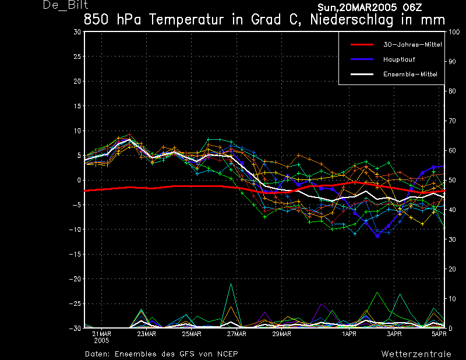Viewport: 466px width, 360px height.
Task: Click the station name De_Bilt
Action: click(65, 5)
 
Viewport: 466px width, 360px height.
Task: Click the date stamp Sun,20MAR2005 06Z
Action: click(370, 8)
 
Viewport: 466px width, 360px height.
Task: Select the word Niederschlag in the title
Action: click(352, 20)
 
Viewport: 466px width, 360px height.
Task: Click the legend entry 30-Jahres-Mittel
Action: click(412, 45)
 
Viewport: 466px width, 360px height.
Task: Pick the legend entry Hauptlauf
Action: click(399, 59)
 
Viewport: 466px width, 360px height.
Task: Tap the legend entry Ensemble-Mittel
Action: click(410, 74)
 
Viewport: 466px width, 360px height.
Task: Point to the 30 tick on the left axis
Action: click(77, 32)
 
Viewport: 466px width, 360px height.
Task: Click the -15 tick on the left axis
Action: click(75, 254)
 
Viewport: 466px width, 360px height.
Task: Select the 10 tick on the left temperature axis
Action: click(77, 131)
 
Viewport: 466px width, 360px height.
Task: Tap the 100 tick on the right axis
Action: click(454, 32)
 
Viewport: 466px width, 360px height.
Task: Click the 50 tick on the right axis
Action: click(452, 180)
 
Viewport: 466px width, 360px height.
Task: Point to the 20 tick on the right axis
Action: click(452, 269)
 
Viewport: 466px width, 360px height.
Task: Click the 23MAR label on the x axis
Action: click(147, 334)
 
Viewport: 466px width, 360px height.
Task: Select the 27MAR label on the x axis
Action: click(236, 334)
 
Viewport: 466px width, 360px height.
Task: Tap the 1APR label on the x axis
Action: click(349, 334)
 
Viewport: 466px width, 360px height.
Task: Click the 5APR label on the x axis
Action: click(439, 334)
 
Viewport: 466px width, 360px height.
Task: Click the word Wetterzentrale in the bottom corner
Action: click(416, 354)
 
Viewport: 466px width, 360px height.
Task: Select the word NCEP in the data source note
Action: click(228, 354)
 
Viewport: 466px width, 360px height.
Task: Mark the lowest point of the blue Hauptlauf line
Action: click(377, 236)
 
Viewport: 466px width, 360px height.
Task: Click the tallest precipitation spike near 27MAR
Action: click(231, 284)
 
